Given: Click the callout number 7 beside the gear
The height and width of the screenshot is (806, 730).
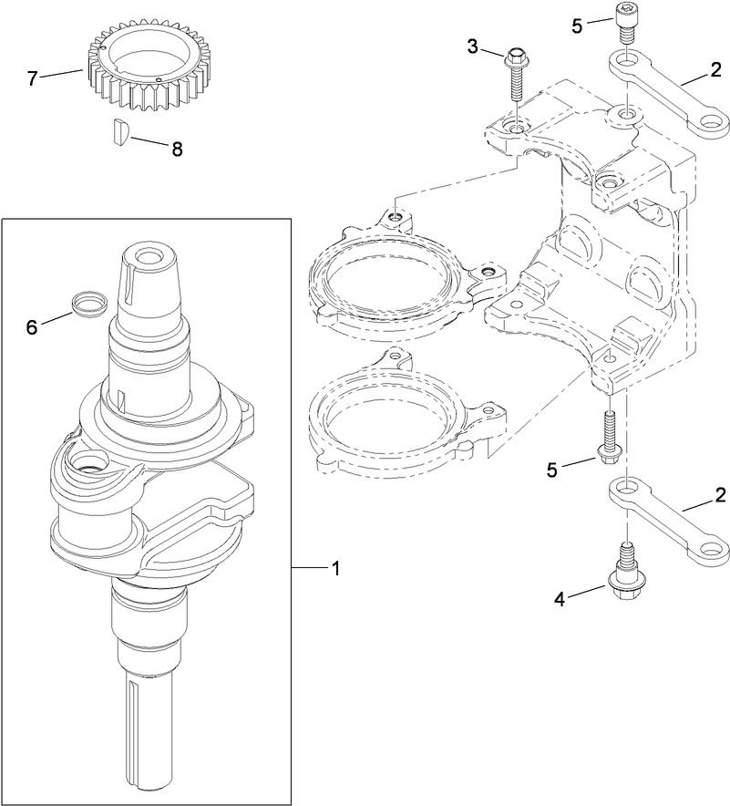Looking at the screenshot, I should (34, 78).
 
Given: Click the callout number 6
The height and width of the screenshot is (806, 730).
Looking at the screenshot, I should (33, 325).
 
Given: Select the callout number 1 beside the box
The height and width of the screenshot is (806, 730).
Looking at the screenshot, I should (335, 568).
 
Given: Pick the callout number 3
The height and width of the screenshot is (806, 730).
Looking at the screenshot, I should (473, 46).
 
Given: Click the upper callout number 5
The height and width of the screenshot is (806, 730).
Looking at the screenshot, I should (576, 26).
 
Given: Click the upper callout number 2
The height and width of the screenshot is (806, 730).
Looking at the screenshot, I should (720, 80).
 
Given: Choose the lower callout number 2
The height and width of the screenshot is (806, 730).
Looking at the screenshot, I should (720, 496).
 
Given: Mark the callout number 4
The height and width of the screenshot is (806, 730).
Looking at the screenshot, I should (561, 599).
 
